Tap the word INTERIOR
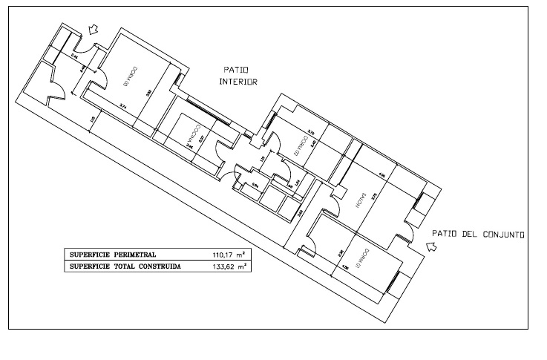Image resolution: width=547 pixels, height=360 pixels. click(x=238, y=83)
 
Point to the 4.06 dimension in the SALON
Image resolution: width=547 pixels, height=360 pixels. click(x=381, y=176)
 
